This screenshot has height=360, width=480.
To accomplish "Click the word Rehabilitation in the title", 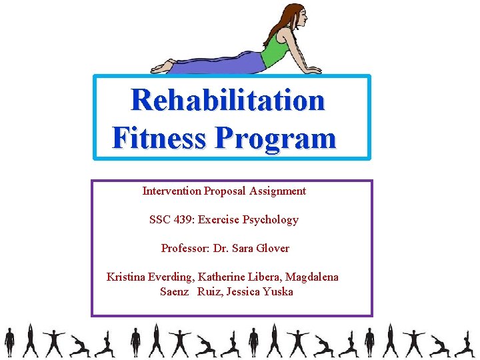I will tap(227, 101).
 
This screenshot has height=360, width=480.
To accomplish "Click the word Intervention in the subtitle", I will tap(171, 191).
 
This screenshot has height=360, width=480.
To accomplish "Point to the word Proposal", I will tap(225, 191).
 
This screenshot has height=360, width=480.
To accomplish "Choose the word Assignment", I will tap(278, 191).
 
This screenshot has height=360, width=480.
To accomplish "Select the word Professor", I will tap(184, 249).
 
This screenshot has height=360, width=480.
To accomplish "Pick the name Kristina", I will tap(127, 277).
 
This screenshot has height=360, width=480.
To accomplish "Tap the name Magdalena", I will tap(312, 277).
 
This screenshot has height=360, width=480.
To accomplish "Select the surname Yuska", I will tap(278, 292).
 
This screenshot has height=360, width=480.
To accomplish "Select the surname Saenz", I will tap(175, 292).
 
